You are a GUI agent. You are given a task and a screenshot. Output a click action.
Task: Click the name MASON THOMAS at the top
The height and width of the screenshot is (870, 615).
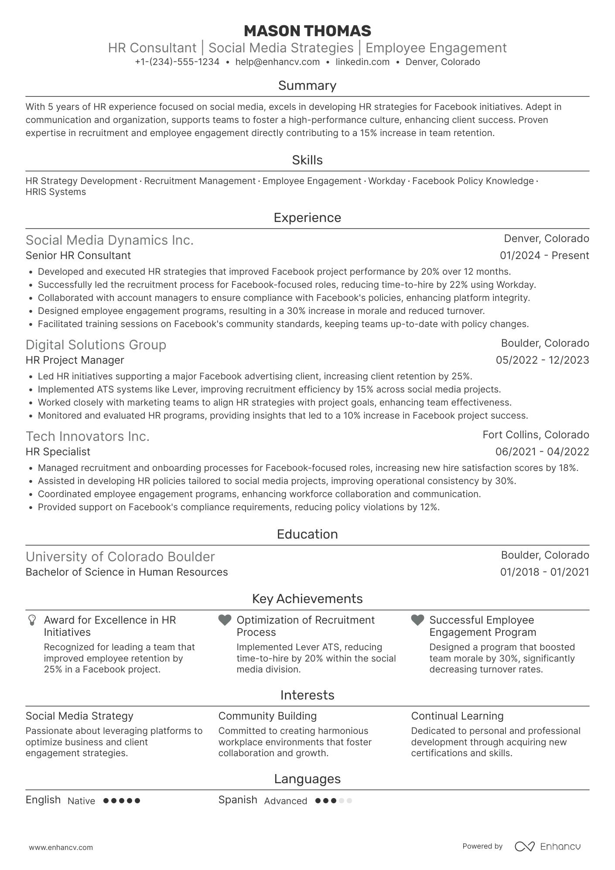[307, 31]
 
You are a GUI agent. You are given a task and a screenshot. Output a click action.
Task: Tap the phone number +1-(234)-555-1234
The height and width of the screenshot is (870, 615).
[177, 62]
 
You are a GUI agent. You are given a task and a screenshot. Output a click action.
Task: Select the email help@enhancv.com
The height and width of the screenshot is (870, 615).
[277, 62]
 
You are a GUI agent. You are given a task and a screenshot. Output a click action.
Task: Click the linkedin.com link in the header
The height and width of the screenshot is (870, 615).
[362, 62]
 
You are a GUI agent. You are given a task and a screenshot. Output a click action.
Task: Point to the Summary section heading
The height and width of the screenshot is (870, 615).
[307, 85]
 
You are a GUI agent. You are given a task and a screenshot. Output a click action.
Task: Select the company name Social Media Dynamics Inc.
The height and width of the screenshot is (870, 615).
[109, 240]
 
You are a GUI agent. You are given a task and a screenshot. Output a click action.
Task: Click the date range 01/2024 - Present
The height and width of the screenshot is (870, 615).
[544, 256]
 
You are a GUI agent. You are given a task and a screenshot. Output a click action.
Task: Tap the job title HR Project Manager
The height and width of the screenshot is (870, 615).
[75, 360]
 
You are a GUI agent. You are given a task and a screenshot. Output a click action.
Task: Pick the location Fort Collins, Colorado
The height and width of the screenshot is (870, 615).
[536, 435]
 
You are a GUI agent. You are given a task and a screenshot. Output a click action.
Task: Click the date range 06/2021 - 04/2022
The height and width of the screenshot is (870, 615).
[542, 452]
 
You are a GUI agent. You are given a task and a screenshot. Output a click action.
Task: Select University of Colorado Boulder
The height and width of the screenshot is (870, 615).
[120, 557]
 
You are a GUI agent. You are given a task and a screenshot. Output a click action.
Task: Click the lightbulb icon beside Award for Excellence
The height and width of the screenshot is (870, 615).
[32, 620]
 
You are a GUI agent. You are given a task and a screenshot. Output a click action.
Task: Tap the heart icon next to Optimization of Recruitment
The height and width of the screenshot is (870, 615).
[225, 620]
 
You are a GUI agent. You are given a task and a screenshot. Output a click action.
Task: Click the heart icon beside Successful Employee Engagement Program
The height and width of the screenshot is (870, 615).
[417, 620]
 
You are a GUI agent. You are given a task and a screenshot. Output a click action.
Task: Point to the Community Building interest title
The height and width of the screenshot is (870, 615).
[267, 716]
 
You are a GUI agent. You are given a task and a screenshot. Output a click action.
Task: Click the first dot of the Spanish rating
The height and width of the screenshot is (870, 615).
[318, 801]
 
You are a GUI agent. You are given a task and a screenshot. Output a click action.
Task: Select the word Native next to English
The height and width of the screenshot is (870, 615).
[81, 801]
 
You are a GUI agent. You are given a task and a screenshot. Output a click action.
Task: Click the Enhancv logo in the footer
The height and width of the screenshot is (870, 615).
[547, 846]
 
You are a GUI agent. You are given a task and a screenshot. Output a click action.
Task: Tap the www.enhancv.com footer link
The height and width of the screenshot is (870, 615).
[61, 847]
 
